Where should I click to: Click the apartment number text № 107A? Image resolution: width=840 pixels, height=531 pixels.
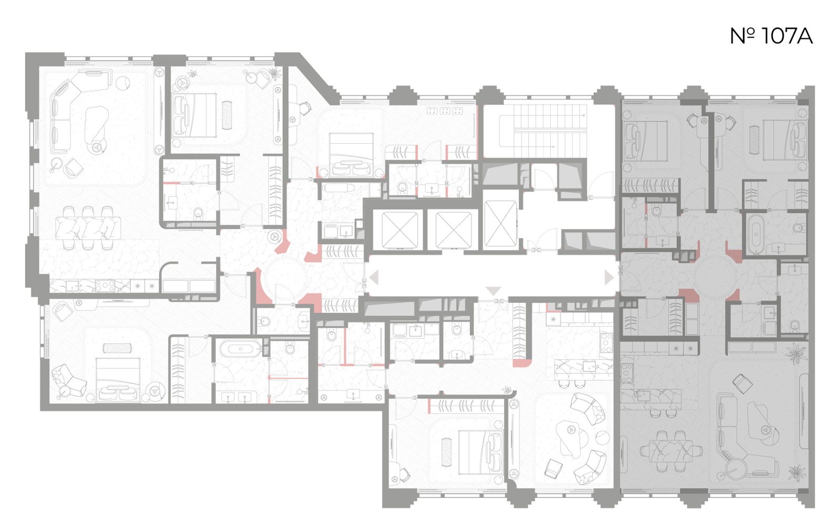(771, 36)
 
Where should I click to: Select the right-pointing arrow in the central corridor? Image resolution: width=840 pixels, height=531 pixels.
(608, 278)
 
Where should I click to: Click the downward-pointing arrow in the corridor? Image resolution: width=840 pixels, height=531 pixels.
(493, 291)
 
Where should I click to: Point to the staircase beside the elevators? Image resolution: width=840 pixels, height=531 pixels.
(543, 131)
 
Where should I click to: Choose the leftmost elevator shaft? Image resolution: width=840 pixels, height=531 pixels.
(400, 230)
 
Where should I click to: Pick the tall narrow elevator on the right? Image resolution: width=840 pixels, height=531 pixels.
(500, 224)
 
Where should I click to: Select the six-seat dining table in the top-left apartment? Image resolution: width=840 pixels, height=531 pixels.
(88, 228)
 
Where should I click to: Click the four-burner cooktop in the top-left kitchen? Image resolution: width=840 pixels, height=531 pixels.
(105, 286)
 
